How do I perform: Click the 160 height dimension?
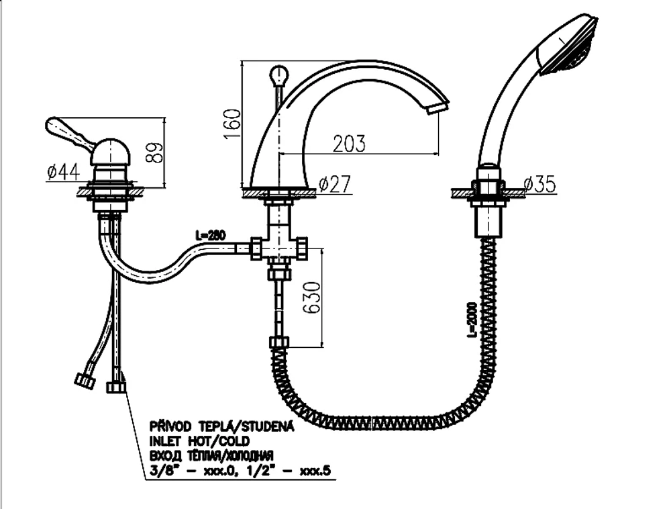coord(231,124)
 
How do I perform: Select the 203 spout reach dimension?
coord(349,144)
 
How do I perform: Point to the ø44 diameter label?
coord(63,172)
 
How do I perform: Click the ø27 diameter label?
coord(335,184)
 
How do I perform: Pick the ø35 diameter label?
coord(540,185)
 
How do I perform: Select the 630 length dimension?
coord(312,297)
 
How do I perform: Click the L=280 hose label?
coord(211,235)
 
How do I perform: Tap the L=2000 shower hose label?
coord(472,320)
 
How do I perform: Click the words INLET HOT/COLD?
coord(199,441)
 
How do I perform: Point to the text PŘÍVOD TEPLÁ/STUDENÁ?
coord(221,426)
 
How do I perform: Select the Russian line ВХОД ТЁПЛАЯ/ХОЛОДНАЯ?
coord(211,455)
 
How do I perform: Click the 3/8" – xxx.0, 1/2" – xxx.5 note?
coord(240,471)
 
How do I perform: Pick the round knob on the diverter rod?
coord(278,75)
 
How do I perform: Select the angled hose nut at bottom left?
coord(85,381)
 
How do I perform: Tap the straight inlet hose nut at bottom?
coord(116,387)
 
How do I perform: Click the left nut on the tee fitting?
coord(256,248)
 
